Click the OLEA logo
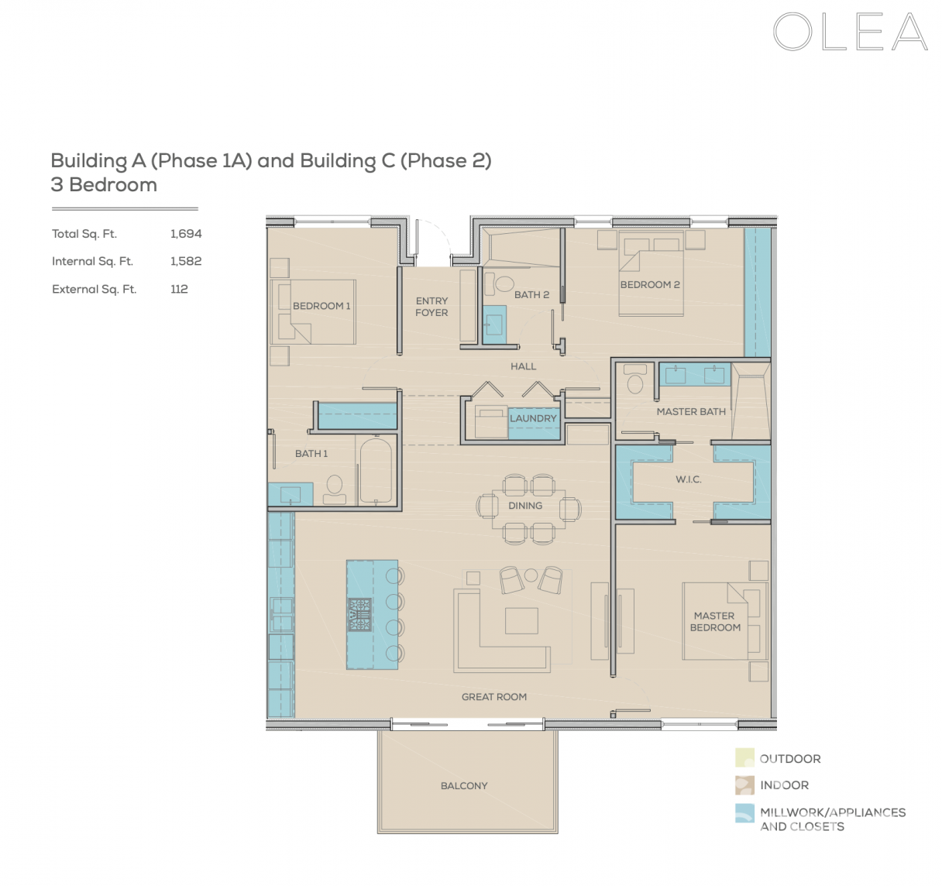(x=850, y=33)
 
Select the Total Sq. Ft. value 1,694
(x=186, y=234)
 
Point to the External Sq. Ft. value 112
(x=179, y=290)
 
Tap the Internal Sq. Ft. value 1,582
(x=186, y=262)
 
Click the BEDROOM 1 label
(x=321, y=306)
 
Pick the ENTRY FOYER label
(x=431, y=307)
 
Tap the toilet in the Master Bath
(x=635, y=380)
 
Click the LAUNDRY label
(x=533, y=418)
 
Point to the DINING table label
(x=525, y=506)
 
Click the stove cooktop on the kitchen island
(x=360, y=614)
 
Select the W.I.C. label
(x=689, y=479)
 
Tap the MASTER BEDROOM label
(x=715, y=622)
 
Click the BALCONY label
(x=464, y=786)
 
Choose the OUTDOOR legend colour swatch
(x=744, y=758)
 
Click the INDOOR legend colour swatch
(x=744, y=785)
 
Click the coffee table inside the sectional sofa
(x=521, y=620)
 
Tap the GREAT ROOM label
(x=494, y=697)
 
